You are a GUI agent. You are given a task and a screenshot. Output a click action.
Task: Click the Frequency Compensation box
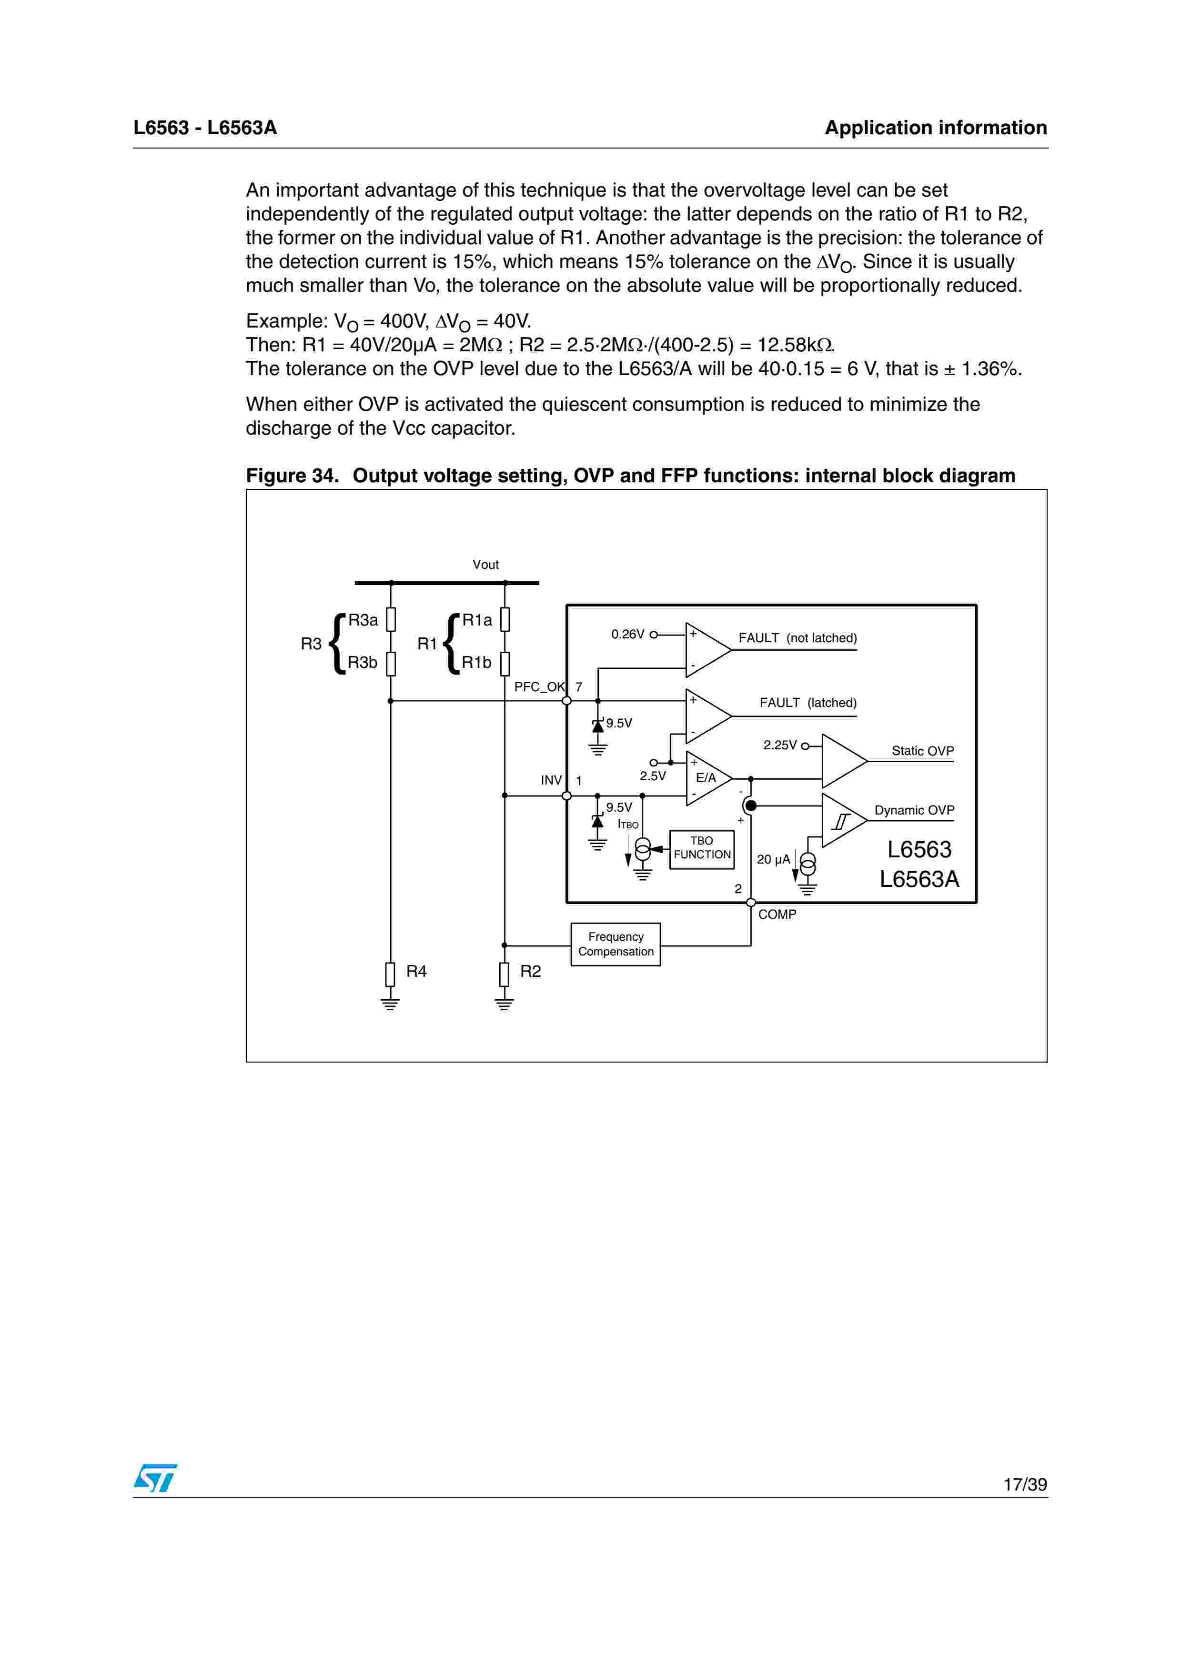[615, 944]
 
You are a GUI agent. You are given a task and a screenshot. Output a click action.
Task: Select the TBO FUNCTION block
[701, 848]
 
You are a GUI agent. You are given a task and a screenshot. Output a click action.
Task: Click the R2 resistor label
[530, 971]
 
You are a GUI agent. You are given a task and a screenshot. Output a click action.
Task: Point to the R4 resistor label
[416, 971]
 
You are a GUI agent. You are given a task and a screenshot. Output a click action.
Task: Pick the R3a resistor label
[363, 620]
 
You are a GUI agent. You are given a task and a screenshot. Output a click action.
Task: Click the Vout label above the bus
[485, 565]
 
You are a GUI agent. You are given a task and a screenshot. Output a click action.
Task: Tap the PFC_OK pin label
[539, 686]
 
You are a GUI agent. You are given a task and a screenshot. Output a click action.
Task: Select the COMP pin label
[777, 915]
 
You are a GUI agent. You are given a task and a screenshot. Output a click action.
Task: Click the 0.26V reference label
[627, 634]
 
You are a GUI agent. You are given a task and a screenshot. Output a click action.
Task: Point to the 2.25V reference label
[779, 745]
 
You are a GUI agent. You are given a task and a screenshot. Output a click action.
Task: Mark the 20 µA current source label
[773, 859]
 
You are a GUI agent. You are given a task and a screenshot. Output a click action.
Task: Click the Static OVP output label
[922, 751]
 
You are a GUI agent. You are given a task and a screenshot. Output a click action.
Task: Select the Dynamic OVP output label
[914, 810]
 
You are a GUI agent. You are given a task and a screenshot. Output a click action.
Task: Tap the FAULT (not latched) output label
[797, 638]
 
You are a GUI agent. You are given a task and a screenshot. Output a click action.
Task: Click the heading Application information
[935, 128]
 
